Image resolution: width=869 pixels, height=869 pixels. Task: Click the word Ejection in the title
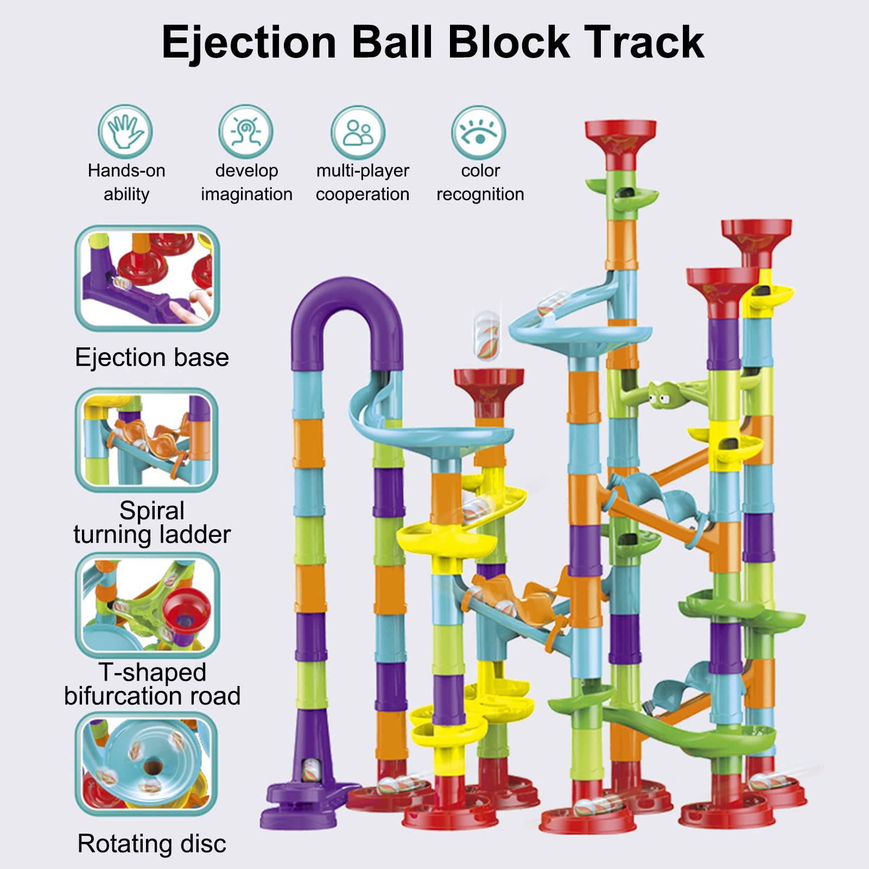249,43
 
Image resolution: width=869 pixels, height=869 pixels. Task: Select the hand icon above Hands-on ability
125,132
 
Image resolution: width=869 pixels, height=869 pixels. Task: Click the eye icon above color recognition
478,132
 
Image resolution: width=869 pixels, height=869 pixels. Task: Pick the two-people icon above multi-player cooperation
358,132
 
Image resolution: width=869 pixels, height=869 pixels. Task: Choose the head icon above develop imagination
246,132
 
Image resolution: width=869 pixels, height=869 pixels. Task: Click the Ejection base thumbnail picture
147,278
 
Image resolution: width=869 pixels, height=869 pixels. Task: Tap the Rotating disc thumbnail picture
146,764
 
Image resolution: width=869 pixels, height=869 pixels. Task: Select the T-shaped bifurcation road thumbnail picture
147,605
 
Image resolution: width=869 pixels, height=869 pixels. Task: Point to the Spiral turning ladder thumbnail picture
147,440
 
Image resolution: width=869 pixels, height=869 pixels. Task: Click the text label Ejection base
152,358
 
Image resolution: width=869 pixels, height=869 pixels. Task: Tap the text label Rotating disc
152,844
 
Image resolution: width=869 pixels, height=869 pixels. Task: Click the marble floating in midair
487,335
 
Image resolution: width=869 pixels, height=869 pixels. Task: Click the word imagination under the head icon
246,194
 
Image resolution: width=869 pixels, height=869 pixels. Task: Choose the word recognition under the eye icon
480,194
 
